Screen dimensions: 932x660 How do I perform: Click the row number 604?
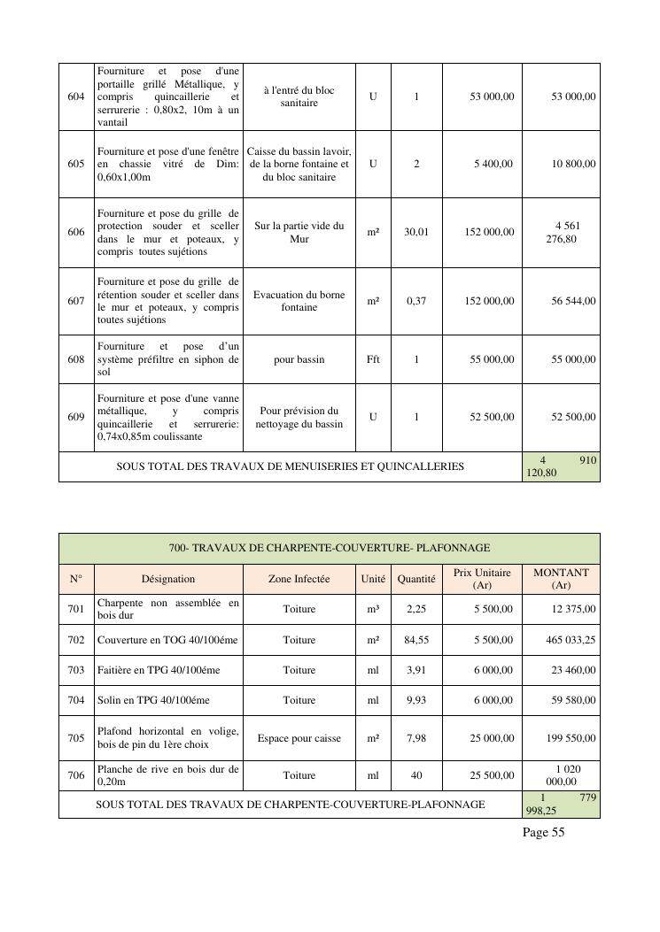coord(76,96)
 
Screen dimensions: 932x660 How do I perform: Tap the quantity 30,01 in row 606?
coord(416,232)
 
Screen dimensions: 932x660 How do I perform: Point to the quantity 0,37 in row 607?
coord(416,301)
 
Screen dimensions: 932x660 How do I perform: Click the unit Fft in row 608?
coord(373,359)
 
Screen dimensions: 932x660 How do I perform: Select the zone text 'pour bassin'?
coord(299,359)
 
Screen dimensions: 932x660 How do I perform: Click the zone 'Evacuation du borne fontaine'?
coord(299,301)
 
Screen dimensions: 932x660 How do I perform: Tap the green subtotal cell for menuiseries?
coord(561,466)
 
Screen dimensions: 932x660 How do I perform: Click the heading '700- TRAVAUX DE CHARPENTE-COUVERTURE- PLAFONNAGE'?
coord(330,548)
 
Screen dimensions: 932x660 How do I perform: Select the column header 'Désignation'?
coord(168,579)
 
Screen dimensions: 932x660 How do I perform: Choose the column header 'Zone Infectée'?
coord(299,579)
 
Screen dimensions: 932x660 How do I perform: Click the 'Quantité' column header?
coord(416,579)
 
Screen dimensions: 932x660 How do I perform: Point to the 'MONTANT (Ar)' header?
coord(561,579)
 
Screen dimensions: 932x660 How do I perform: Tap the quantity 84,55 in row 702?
coord(416,640)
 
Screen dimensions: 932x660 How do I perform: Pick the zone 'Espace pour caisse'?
coord(299,737)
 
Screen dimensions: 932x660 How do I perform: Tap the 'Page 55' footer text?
coord(543,832)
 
